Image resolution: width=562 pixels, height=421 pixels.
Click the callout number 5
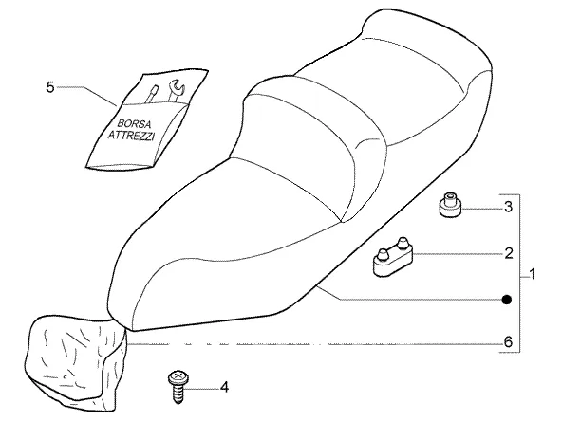coord(50,87)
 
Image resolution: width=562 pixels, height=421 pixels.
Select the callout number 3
coord(508,207)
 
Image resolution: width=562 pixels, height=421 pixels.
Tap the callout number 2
coord(509,253)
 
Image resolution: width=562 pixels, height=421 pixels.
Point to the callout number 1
coord(533,274)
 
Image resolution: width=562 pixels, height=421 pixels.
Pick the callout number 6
coord(509,342)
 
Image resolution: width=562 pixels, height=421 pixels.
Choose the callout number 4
coord(224,387)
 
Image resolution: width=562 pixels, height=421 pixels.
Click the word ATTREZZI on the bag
coord(132,136)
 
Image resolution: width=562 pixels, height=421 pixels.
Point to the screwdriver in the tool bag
coord(151,94)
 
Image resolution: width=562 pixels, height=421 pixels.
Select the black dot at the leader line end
coord(507,300)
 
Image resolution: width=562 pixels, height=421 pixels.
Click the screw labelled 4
coord(178,387)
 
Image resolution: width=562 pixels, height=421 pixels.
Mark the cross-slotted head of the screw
coord(178,377)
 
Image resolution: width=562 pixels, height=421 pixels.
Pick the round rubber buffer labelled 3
coord(450,205)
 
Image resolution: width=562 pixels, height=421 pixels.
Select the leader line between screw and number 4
coord(202,389)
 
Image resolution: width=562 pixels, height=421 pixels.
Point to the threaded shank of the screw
coord(178,394)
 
